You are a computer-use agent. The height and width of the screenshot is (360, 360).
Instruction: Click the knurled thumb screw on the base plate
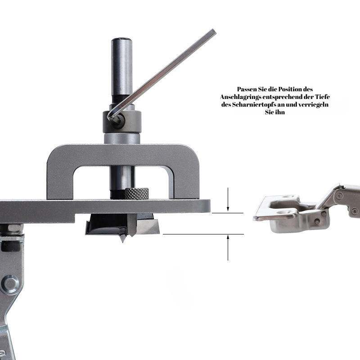pos(137,193)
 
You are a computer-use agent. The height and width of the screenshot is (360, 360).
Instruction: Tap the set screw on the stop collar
pos(118,119)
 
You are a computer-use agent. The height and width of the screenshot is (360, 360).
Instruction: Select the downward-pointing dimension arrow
pos(228,199)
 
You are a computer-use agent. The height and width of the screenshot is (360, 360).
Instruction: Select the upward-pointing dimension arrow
pos(228,247)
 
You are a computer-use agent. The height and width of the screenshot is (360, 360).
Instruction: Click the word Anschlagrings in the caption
pos(240,97)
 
